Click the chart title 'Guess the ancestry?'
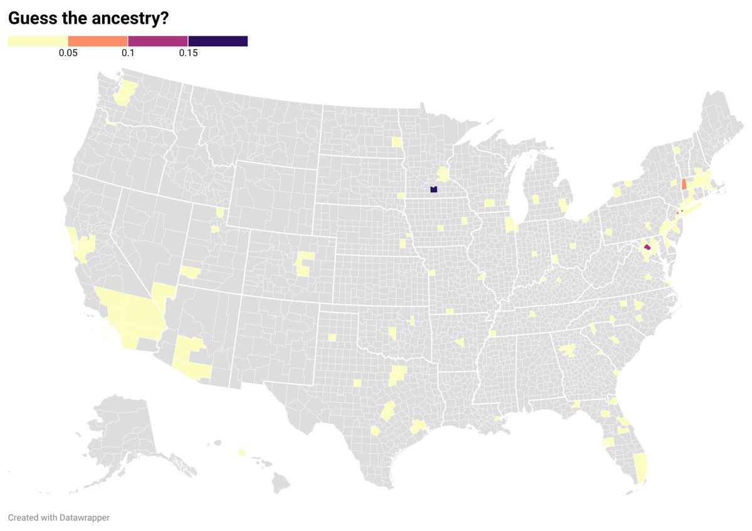pos(88,19)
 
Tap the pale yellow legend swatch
pos(38,41)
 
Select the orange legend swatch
pos(98,41)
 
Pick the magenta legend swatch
pos(158,41)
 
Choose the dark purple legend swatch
pos(218,41)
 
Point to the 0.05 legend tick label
pos(68,53)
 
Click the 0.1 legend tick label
pos(128,53)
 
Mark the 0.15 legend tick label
pos(188,53)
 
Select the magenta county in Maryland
pos(647,248)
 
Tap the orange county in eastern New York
pos(683,184)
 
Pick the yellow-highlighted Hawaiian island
pos(241,451)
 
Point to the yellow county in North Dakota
pos(397,142)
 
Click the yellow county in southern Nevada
pos(164,292)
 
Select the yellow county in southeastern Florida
pos(640,467)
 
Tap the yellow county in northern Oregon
pos(111,123)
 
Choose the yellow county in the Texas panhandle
pos(332,338)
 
